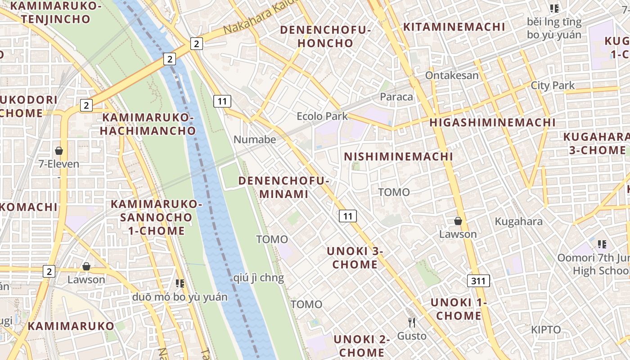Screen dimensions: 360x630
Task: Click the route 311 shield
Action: pyautogui.click(x=478, y=281)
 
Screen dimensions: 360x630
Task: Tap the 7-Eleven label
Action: pyautogui.click(x=59, y=164)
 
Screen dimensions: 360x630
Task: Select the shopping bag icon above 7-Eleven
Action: pyautogui.click(x=58, y=150)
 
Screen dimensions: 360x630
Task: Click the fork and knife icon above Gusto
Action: pyautogui.click(x=411, y=322)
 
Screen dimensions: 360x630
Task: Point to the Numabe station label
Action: pyautogui.click(x=255, y=139)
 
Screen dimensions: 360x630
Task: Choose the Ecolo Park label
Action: pyautogui.click(x=322, y=116)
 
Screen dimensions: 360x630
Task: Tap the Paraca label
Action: pyautogui.click(x=396, y=97)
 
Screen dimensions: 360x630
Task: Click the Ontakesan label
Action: pyautogui.click(x=452, y=75)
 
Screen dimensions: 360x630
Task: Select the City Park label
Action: pyautogui.click(x=553, y=85)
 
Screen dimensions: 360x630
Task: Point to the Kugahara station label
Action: pyautogui.click(x=518, y=221)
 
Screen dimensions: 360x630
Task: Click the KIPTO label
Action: pyautogui.click(x=546, y=329)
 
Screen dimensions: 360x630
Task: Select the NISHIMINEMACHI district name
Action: pyautogui.click(x=398, y=157)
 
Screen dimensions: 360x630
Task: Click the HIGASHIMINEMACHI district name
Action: pyautogui.click(x=492, y=122)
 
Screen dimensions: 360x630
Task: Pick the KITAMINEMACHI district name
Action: pyautogui.click(x=454, y=27)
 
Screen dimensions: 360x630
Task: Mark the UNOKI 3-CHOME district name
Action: pyautogui.click(x=355, y=257)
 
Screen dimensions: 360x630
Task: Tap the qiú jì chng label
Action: pyautogui.click(x=259, y=278)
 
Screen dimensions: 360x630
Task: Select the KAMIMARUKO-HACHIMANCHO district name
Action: pyautogui.click(x=148, y=124)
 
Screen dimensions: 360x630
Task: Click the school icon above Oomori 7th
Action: pyautogui.click(x=602, y=244)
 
